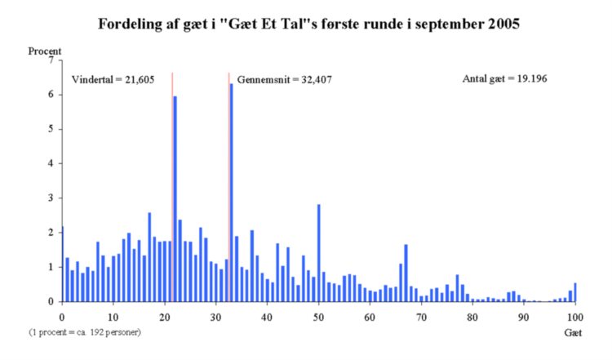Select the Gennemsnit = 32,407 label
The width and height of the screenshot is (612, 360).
(x=285, y=80)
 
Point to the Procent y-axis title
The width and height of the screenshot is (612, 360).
(x=45, y=51)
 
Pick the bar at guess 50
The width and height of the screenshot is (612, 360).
(x=318, y=253)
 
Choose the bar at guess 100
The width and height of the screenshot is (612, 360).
(x=575, y=292)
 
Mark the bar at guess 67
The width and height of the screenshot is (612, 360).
(x=406, y=273)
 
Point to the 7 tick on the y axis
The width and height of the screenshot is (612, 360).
(x=51, y=60)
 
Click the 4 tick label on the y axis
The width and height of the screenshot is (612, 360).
(x=51, y=163)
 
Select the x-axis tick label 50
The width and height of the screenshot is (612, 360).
(x=318, y=316)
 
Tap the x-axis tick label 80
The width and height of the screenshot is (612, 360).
(x=472, y=316)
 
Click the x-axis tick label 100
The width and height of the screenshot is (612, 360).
(x=575, y=316)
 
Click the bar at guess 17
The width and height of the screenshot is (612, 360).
(x=149, y=257)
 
